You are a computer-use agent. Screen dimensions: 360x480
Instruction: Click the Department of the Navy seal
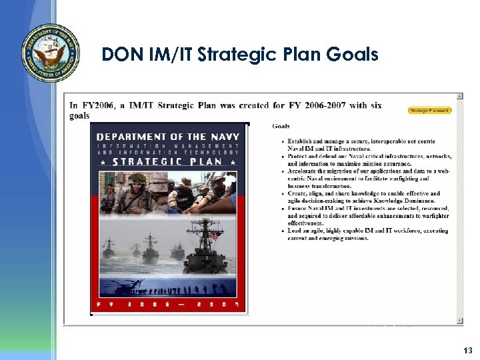(x=50, y=53)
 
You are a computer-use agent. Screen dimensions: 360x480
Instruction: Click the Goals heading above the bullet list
(x=281, y=126)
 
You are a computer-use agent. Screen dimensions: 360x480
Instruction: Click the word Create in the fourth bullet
(x=297, y=194)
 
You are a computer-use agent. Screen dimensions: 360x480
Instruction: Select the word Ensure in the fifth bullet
(x=297, y=209)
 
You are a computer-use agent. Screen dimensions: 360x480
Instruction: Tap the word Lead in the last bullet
(x=295, y=231)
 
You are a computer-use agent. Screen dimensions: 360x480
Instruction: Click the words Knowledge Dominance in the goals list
(x=412, y=201)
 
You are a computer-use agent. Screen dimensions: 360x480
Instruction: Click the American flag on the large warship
(x=214, y=235)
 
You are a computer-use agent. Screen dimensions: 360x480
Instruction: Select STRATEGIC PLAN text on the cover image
(x=168, y=161)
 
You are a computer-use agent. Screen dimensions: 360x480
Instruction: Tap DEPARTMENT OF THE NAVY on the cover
(x=168, y=136)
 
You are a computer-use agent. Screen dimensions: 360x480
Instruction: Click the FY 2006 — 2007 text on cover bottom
(x=168, y=305)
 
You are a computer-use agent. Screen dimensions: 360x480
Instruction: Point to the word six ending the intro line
(x=375, y=105)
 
